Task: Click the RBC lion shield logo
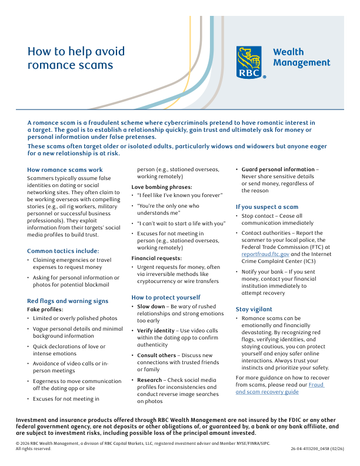click(x=249, y=62)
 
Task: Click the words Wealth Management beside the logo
click(x=301, y=57)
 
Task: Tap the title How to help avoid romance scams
click(x=77, y=58)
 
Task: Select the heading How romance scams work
click(x=65, y=170)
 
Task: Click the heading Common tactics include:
click(x=63, y=251)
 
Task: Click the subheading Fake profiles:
click(x=45, y=309)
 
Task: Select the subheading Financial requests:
click(x=157, y=258)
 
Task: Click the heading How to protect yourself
click(x=166, y=297)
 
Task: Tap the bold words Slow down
click(x=151, y=307)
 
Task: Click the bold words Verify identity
click(x=156, y=331)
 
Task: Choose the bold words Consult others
click(x=156, y=355)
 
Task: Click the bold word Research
click(x=150, y=380)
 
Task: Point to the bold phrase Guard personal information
click(x=278, y=169)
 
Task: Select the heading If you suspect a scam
click(x=267, y=207)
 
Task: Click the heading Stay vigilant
click(x=254, y=309)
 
